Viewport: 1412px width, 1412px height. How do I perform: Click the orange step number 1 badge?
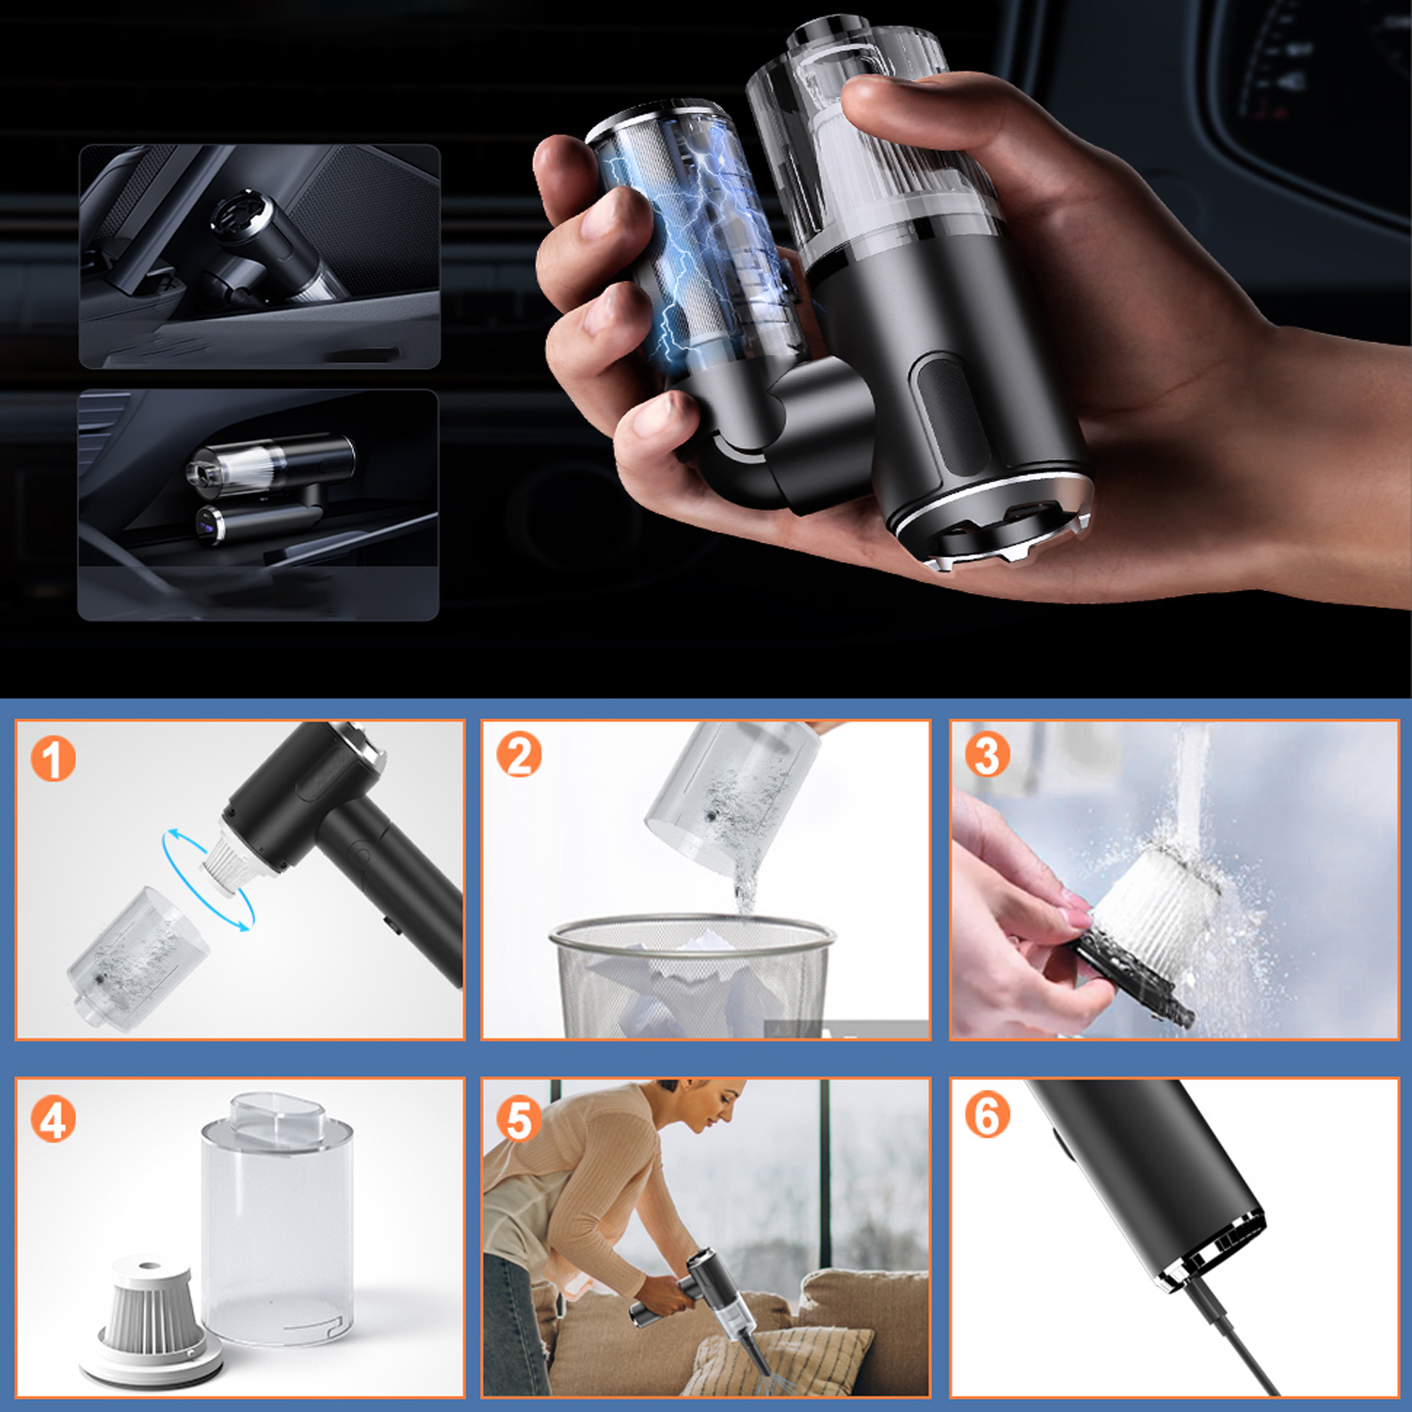[53, 759]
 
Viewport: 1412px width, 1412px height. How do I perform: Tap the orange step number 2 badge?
[519, 755]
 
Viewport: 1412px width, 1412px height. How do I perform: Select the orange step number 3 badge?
[987, 755]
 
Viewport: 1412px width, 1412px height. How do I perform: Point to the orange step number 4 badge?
[53, 1119]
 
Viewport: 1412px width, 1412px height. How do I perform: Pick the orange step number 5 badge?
[519, 1119]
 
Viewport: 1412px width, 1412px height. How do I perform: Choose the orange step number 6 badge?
[987, 1115]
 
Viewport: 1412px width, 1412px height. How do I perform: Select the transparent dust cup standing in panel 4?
[278, 1219]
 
